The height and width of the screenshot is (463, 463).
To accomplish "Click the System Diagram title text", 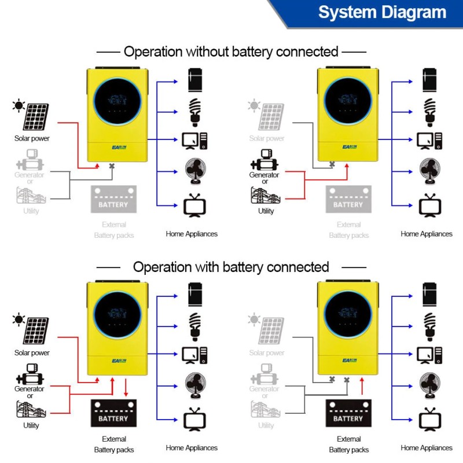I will (x=382, y=13).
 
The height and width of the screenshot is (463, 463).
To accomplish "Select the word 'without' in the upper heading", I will (x=207, y=52).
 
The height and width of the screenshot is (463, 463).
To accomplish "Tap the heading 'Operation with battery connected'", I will (x=231, y=267).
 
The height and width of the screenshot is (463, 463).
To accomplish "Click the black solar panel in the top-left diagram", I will (x=35, y=116).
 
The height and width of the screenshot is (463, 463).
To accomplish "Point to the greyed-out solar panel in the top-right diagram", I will (x=270, y=116).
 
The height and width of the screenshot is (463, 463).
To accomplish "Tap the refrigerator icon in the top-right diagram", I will (x=429, y=80).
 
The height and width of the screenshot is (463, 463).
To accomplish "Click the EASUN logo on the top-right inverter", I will (x=349, y=148).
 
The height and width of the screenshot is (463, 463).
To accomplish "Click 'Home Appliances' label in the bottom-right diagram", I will (x=427, y=448).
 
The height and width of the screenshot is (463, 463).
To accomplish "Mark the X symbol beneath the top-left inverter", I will (x=112, y=166).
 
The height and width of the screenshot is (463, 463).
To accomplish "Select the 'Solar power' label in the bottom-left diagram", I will (x=32, y=352).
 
